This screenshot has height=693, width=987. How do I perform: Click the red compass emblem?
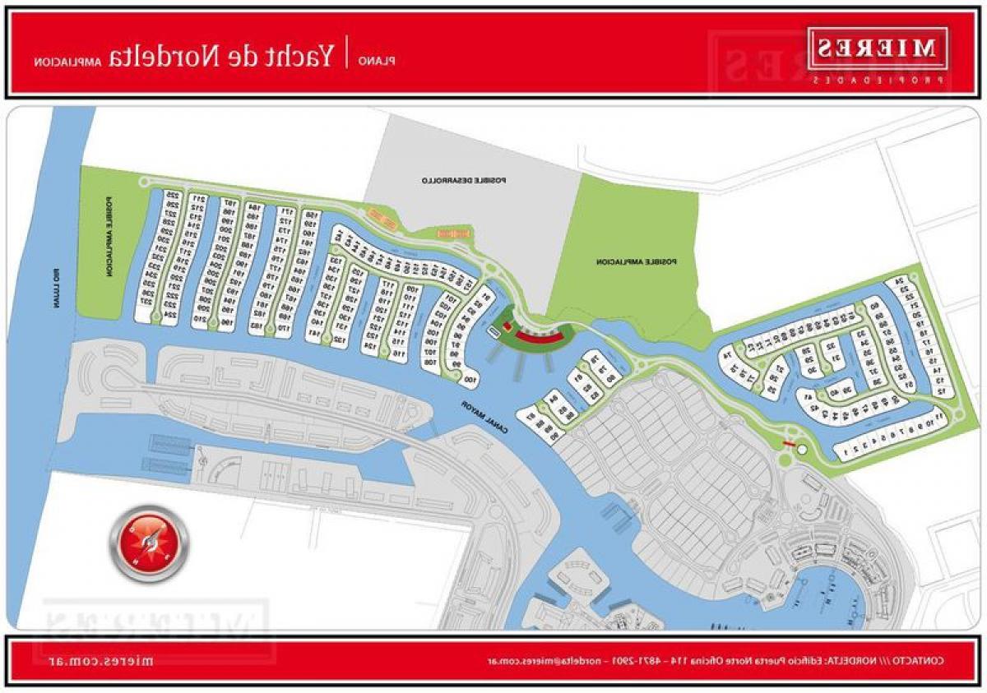pos(148,543)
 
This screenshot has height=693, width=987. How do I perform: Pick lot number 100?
pos(470,379)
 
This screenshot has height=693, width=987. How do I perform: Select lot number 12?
pos(943,391)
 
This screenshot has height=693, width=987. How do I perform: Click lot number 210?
pos(198,316)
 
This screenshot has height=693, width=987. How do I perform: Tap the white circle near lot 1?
pos(803,449)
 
